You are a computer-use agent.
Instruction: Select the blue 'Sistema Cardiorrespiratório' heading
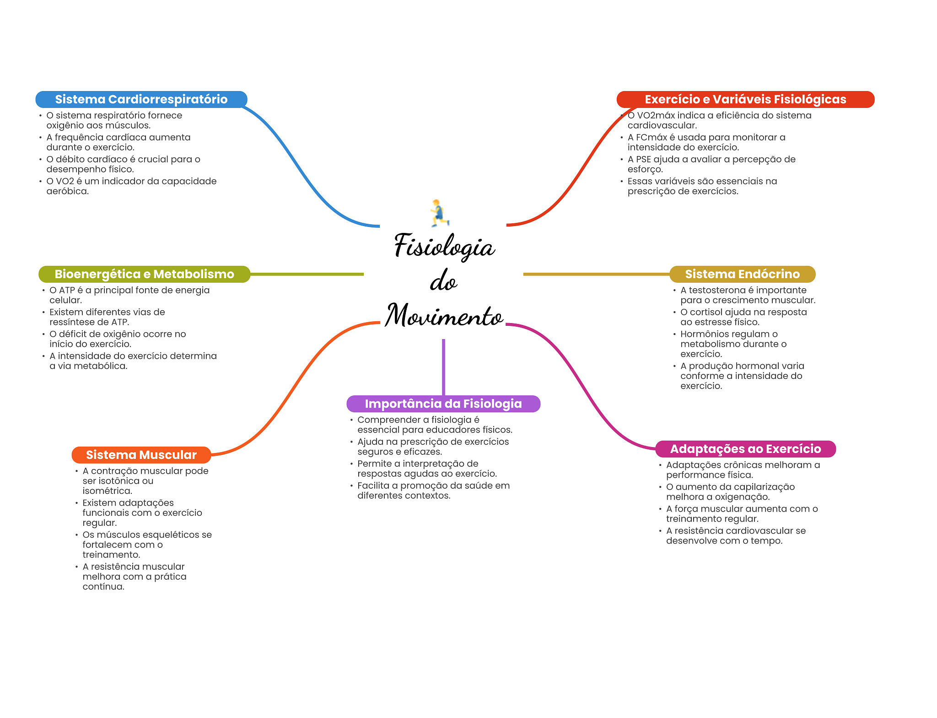pyautogui.click(x=141, y=99)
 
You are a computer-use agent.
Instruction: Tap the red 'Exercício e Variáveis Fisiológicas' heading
pyautogui.click(x=745, y=99)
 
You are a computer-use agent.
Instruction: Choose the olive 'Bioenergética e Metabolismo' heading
pyautogui.click(x=144, y=274)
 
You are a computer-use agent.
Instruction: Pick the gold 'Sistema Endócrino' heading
pyautogui.click(x=742, y=274)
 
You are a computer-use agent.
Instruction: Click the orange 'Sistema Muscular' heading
pyautogui.click(x=141, y=455)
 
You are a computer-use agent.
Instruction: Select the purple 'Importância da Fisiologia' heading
pyautogui.click(x=443, y=404)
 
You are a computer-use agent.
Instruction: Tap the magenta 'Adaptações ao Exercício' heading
pyautogui.click(x=745, y=449)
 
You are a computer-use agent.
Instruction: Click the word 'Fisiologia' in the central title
pyautogui.click(x=444, y=246)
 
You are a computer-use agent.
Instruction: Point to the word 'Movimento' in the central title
pyautogui.click(x=444, y=316)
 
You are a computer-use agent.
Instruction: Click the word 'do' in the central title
pyautogui.click(x=443, y=281)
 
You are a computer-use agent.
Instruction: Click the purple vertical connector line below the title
pyautogui.click(x=443, y=366)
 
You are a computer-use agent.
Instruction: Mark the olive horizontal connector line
pyautogui.click(x=307, y=274)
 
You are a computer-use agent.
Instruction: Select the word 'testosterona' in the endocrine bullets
pyautogui.click(x=716, y=290)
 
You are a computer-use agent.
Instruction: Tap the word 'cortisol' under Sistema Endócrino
pyautogui.click(x=706, y=312)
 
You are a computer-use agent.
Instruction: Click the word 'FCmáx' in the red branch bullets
pyautogui.click(x=651, y=137)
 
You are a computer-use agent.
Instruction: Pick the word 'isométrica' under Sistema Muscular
pyautogui.click(x=107, y=491)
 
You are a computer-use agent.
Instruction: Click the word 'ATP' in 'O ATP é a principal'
pyautogui.click(x=67, y=290)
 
